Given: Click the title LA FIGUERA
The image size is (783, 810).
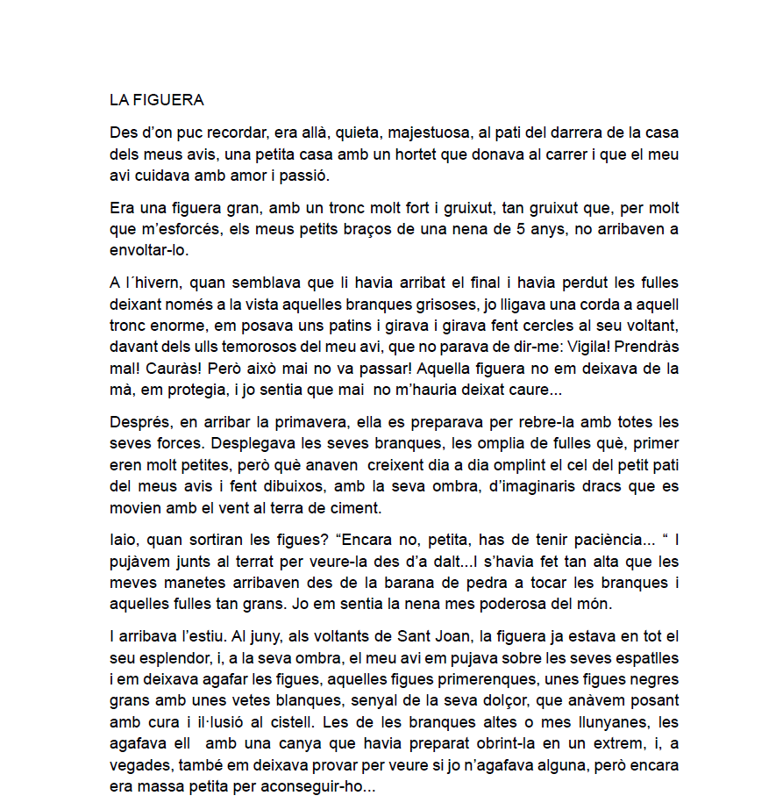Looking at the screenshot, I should pyautogui.click(x=156, y=100).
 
